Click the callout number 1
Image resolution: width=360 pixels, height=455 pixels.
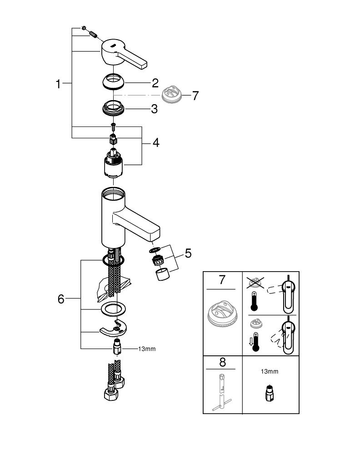pyautogui.click(x=58, y=84)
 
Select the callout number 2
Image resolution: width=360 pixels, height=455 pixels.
pyautogui.click(x=155, y=83)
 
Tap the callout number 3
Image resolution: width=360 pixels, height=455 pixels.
pyautogui.click(x=155, y=109)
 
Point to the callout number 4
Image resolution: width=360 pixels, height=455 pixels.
pyautogui.click(x=156, y=142)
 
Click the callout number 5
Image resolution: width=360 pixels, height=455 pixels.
pyautogui.click(x=188, y=253)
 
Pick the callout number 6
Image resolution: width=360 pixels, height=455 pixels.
pyautogui.click(x=61, y=299)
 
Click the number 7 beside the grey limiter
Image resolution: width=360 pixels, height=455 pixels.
pyautogui.click(x=195, y=96)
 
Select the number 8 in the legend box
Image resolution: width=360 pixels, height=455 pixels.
pyautogui.click(x=222, y=363)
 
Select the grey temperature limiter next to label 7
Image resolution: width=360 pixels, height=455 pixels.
pyautogui.click(x=172, y=95)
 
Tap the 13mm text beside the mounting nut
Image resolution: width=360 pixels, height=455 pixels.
pyautogui.click(x=147, y=349)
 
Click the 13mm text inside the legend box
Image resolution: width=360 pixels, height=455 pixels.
pyautogui.click(x=269, y=371)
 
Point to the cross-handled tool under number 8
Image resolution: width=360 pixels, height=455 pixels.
pyautogui.click(x=222, y=391)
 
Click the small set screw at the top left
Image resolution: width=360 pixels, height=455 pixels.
pyautogui.click(x=85, y=29)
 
